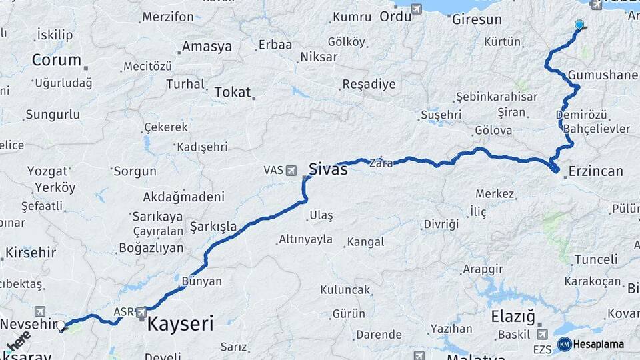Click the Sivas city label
coord(328,169)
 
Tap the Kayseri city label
coord(180,325)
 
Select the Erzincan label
coord(595,171)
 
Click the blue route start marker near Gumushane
coord(579,25)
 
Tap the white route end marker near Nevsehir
coord(61,326)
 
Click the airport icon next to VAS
coord(291,171)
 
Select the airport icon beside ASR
coord(141,311)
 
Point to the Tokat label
coord(232,93)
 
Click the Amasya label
coord(207,47)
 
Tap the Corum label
coord(56,60)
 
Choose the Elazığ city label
coord(513,317)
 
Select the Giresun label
coord(477,19)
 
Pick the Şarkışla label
coord(213,227)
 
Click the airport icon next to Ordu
coord(417,9)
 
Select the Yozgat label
coord(47,171)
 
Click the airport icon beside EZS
coord(541,333)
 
